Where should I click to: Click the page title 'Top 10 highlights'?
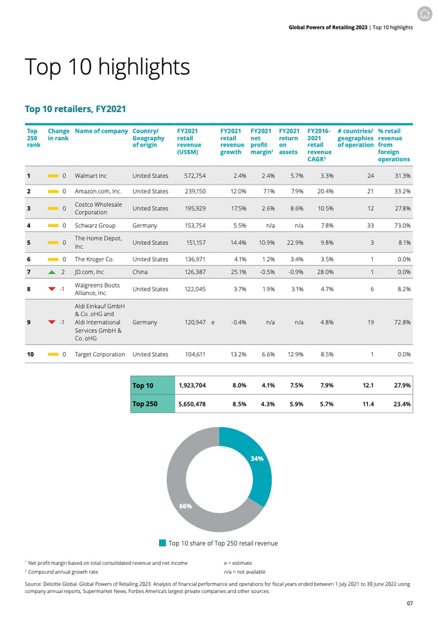pos(106,66)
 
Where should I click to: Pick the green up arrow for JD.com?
pos(52,272)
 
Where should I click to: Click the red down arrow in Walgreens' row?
pos(52,289)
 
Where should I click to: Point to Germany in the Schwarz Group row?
pos(145,225)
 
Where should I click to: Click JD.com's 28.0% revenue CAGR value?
pos(325,272)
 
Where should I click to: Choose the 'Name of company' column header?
pos(101,132)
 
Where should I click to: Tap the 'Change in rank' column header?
pos(58,135)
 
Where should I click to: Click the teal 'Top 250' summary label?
pos(145,404)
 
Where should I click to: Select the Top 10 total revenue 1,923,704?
pos(193,386)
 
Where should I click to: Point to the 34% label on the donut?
pos(257,458)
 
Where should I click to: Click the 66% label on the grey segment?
pos(186,506)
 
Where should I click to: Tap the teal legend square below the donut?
pos(163,543)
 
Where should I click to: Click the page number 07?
pos(409,604)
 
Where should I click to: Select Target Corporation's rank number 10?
pos(30,354)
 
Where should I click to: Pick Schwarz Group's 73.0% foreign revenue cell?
pos(401,225)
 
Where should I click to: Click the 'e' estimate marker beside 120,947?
pos(213,323)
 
